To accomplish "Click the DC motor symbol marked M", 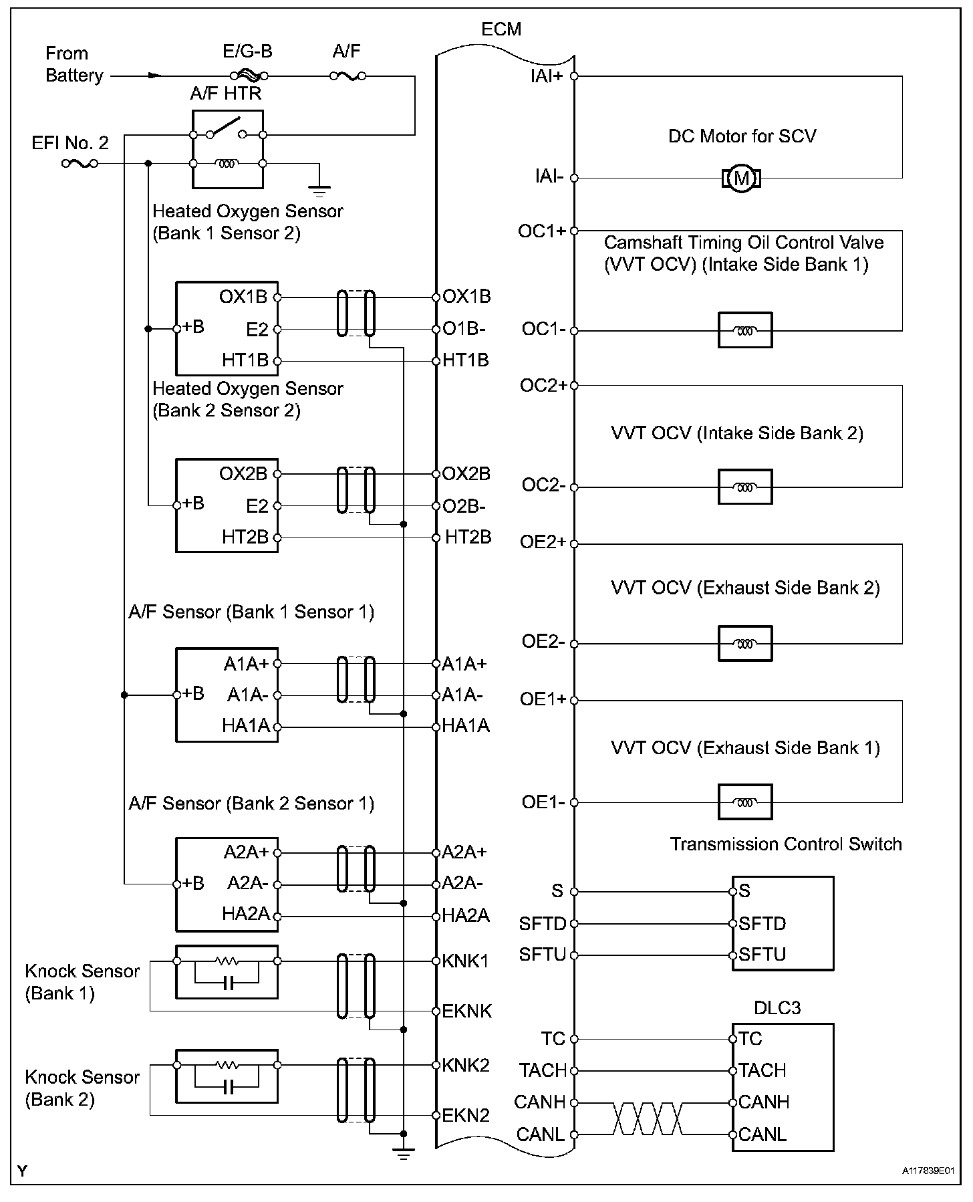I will (741, 178).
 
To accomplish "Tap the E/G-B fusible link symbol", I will (249, 76).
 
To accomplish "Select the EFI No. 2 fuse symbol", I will (80, 163).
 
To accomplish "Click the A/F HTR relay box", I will (227, 148).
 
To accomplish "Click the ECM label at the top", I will (501, 29).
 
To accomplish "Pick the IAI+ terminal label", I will (547, 76).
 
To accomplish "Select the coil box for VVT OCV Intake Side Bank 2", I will (744, 487).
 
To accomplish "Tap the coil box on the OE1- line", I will (744, 802).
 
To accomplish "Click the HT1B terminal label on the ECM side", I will (466, 361).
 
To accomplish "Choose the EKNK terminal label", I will (466, 1011).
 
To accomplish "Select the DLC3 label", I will (777, 1008).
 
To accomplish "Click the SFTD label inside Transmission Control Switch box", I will (762, 924).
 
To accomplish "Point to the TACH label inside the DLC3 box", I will (763, 1070).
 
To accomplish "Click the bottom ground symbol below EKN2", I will (403, 1153).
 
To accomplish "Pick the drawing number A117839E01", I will (927, 1171).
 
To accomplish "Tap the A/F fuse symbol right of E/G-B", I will (347, 76).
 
